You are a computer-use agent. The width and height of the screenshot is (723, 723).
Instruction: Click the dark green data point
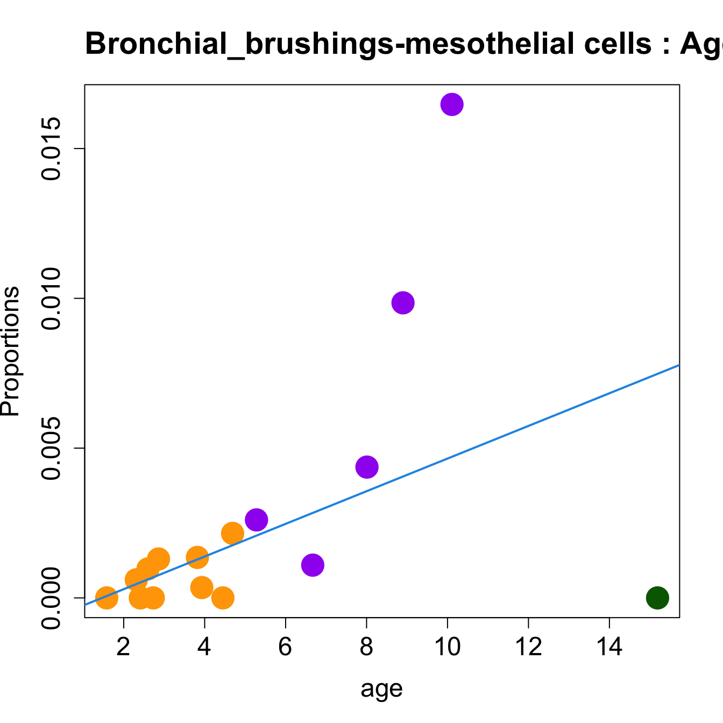click(x=657, y=598)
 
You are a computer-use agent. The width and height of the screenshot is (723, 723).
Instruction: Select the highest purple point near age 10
click(x=452, y=104)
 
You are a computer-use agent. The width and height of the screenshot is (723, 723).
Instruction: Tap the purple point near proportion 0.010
click(x=403, y=303)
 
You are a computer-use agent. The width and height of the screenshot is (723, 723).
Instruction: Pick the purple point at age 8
click(x=367, y=467)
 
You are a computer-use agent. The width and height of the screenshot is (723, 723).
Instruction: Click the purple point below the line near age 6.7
click(x=313, y=565)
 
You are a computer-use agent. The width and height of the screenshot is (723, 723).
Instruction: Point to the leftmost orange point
click(x=107, y=598)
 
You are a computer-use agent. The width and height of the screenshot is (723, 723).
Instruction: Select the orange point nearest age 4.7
click(x=232, y=533)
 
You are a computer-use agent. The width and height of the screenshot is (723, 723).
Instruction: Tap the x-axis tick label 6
click(x=285, y=647)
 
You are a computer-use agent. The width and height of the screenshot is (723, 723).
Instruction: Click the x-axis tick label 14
click(x=609, y=647)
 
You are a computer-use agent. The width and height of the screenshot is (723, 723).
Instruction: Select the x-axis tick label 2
click(x=124, y=647)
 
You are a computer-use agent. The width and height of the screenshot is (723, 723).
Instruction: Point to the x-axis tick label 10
click(x=447, y=647)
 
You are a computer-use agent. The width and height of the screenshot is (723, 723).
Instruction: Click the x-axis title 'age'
click(x=381, y=689)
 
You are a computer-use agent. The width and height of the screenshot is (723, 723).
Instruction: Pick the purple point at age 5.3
click(x=256, y=520)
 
